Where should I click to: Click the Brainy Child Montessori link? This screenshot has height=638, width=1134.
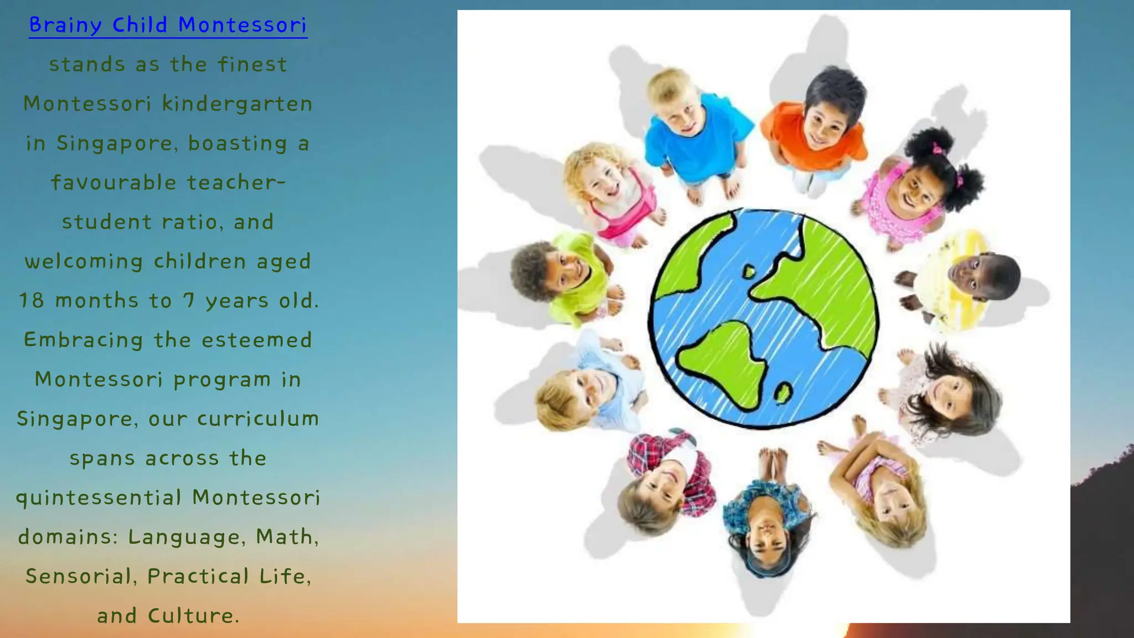pos(168,25)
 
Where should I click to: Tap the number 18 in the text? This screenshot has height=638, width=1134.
pos(31,300)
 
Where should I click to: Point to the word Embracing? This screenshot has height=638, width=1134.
pos(83,339)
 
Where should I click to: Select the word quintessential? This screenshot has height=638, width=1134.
pos(99,497)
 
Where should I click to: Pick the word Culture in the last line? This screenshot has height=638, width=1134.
pos(193,615)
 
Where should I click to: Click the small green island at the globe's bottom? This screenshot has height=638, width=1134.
pos(782,393)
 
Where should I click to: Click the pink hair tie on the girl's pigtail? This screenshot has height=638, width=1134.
pos(937,148)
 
